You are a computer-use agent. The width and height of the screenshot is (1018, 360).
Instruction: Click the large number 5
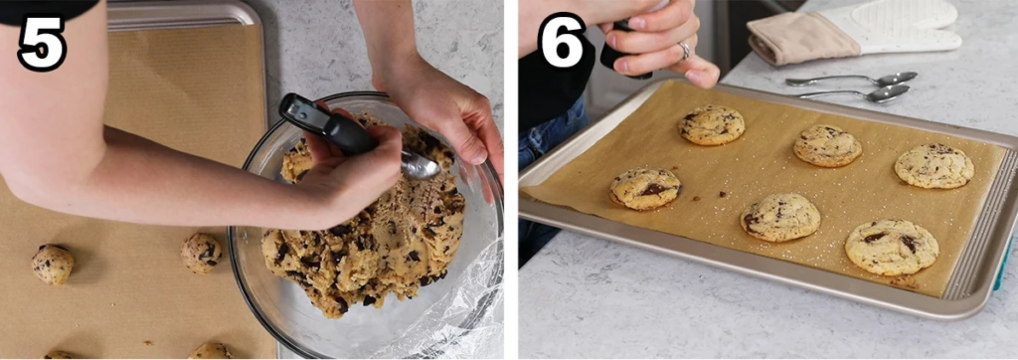(x=42, y=42)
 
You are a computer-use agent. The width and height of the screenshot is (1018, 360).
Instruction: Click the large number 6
(x=563, y=41)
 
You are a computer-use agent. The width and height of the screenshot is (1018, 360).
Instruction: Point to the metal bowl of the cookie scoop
(x=421, y=167)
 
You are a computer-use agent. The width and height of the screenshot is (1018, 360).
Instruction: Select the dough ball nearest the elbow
(x=53, y=264)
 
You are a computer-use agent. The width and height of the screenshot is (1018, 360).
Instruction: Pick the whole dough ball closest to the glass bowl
(x=201, y=253)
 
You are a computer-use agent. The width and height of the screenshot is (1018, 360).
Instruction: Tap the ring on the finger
(x=684, y=50)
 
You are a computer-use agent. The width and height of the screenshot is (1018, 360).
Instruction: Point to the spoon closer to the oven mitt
(x=852, y=80)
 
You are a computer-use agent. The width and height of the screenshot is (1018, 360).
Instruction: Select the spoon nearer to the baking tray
(x=857, y=94)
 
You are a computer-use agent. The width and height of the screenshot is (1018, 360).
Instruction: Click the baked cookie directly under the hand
(x=712, y=124)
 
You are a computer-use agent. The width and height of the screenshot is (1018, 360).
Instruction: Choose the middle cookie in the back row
(x=828, y=146)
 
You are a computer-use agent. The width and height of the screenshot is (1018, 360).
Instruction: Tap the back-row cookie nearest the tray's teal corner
(x=934, y=166)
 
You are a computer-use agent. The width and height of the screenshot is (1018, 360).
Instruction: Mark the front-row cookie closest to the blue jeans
(x=645, y=188)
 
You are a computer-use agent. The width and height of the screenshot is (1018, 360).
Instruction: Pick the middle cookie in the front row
(x=780, y=217)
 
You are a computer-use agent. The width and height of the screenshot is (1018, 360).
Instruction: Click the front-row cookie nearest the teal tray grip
(x=892, y=247)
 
